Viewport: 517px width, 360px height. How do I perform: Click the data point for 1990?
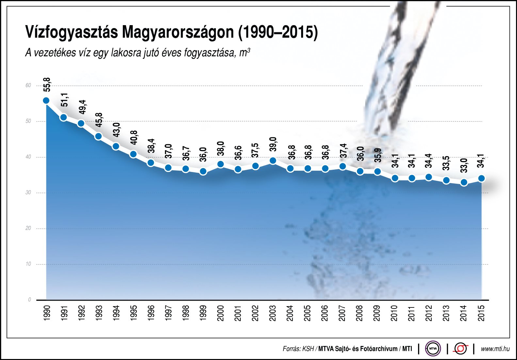point(46,101)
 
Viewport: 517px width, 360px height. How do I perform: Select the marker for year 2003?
point(273,161)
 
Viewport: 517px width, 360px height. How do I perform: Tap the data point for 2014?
point(464,182)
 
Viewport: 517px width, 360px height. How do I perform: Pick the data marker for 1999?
point(203,171)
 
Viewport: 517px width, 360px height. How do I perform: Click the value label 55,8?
point(47,84)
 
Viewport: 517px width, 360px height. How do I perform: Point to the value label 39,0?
point(273,144)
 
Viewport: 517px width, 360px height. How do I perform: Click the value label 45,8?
point(99,120)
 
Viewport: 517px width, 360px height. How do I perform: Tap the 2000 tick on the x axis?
point(221,313)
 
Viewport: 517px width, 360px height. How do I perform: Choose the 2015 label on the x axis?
point(481,313)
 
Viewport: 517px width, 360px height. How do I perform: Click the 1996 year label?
point(151,313)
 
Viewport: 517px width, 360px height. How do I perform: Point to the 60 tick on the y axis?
point(28,86)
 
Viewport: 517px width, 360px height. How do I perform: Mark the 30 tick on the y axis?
point(28,193)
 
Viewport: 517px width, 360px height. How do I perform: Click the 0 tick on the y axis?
point(30,300)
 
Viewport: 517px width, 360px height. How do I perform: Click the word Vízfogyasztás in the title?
point(71,32)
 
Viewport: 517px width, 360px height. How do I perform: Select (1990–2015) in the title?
point(278,32)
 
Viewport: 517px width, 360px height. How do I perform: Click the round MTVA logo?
point(433,349)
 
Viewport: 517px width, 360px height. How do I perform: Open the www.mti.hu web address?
point(495,349)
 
